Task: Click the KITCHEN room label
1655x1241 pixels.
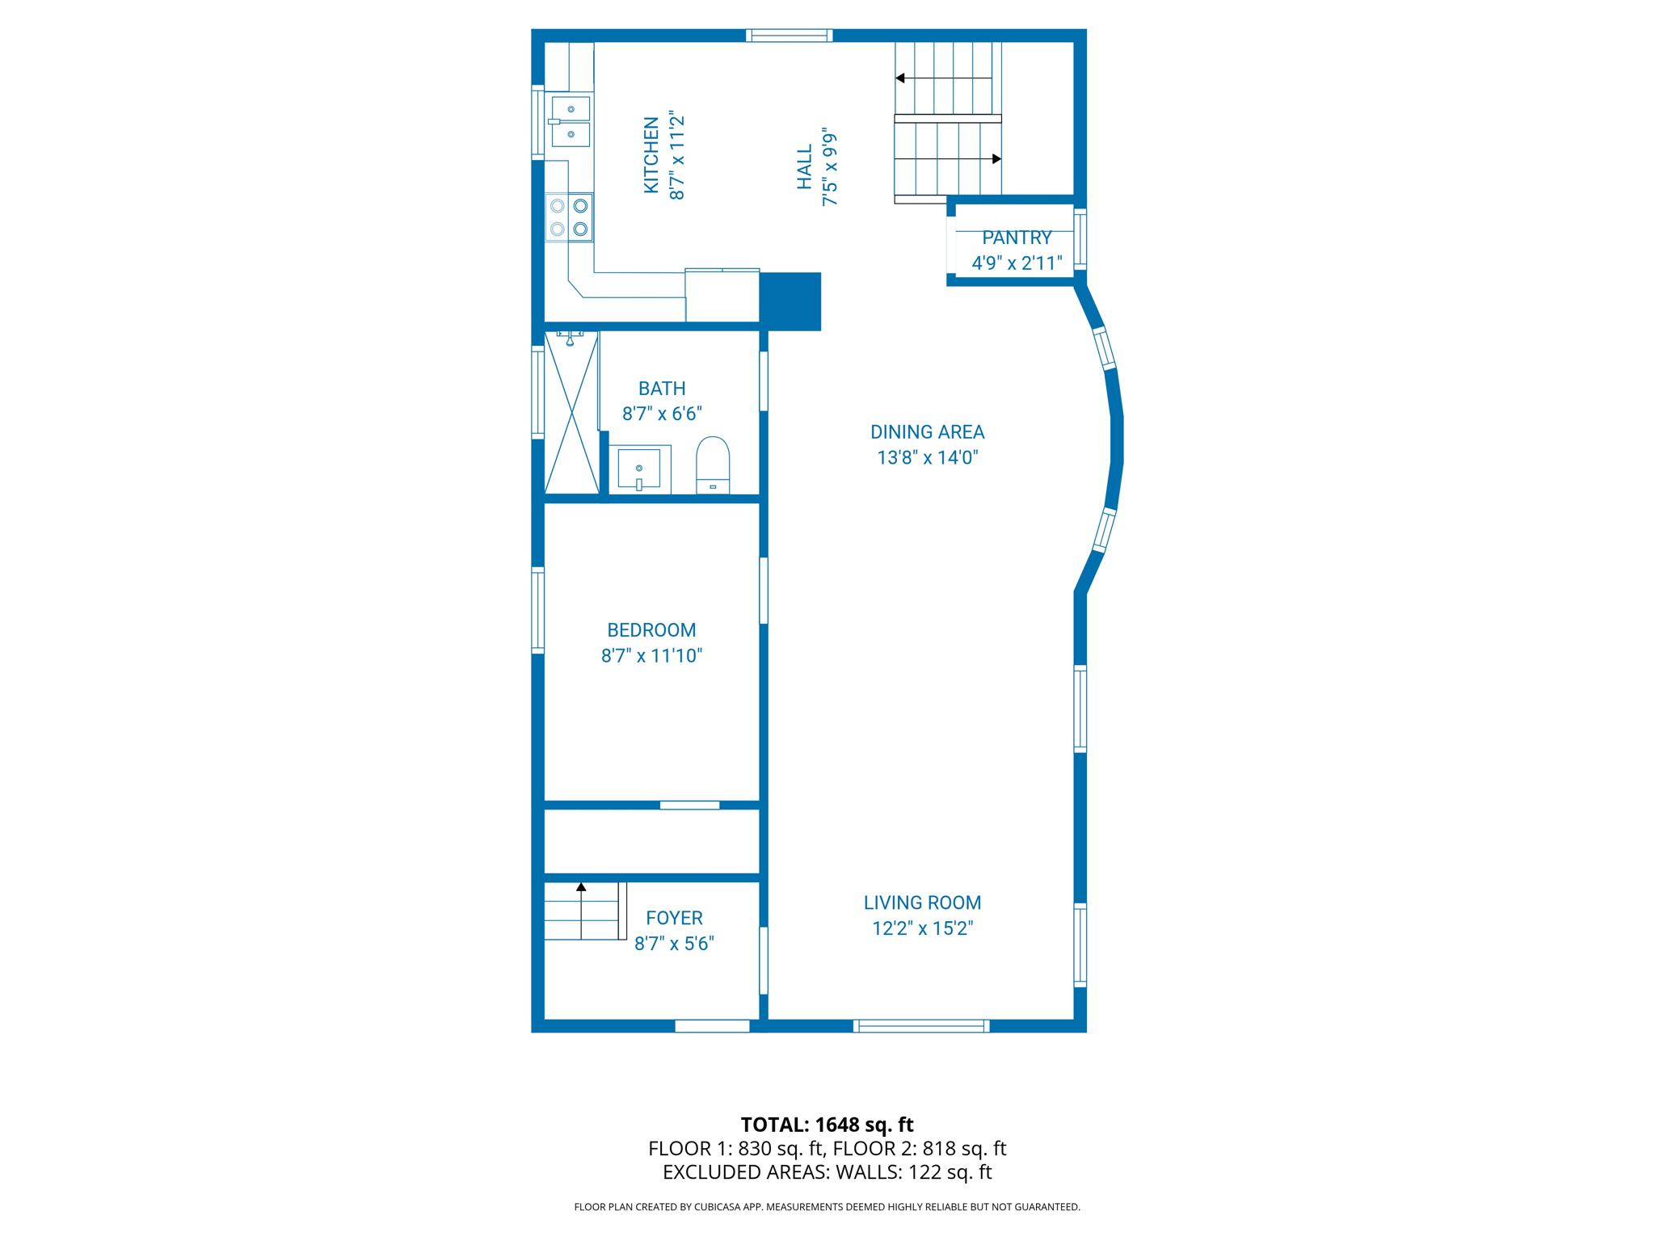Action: [651, 155]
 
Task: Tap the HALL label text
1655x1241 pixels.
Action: [804, 167]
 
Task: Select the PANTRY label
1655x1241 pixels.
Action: [1017, 238]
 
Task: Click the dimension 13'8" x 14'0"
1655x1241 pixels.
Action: [927, 457]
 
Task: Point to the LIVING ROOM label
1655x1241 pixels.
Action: [922, 902]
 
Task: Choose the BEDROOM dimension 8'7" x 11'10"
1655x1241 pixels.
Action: [651, 655]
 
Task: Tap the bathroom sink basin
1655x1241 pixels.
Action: [639, 469]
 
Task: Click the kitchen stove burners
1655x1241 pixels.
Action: [569, 217]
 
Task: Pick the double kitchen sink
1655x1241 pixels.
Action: [571, 121]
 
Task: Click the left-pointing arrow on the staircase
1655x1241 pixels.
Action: [900, 78]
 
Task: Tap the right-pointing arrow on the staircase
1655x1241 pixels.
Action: [996, 159]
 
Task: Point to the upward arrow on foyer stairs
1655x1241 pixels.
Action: [581, 887]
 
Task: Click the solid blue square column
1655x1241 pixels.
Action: [790, 301]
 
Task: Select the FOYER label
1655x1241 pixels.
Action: [674, 918]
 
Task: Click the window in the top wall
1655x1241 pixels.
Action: [789, 35]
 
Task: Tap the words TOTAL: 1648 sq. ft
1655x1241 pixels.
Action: [827, 1124]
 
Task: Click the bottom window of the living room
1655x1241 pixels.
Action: [921, 1026]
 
